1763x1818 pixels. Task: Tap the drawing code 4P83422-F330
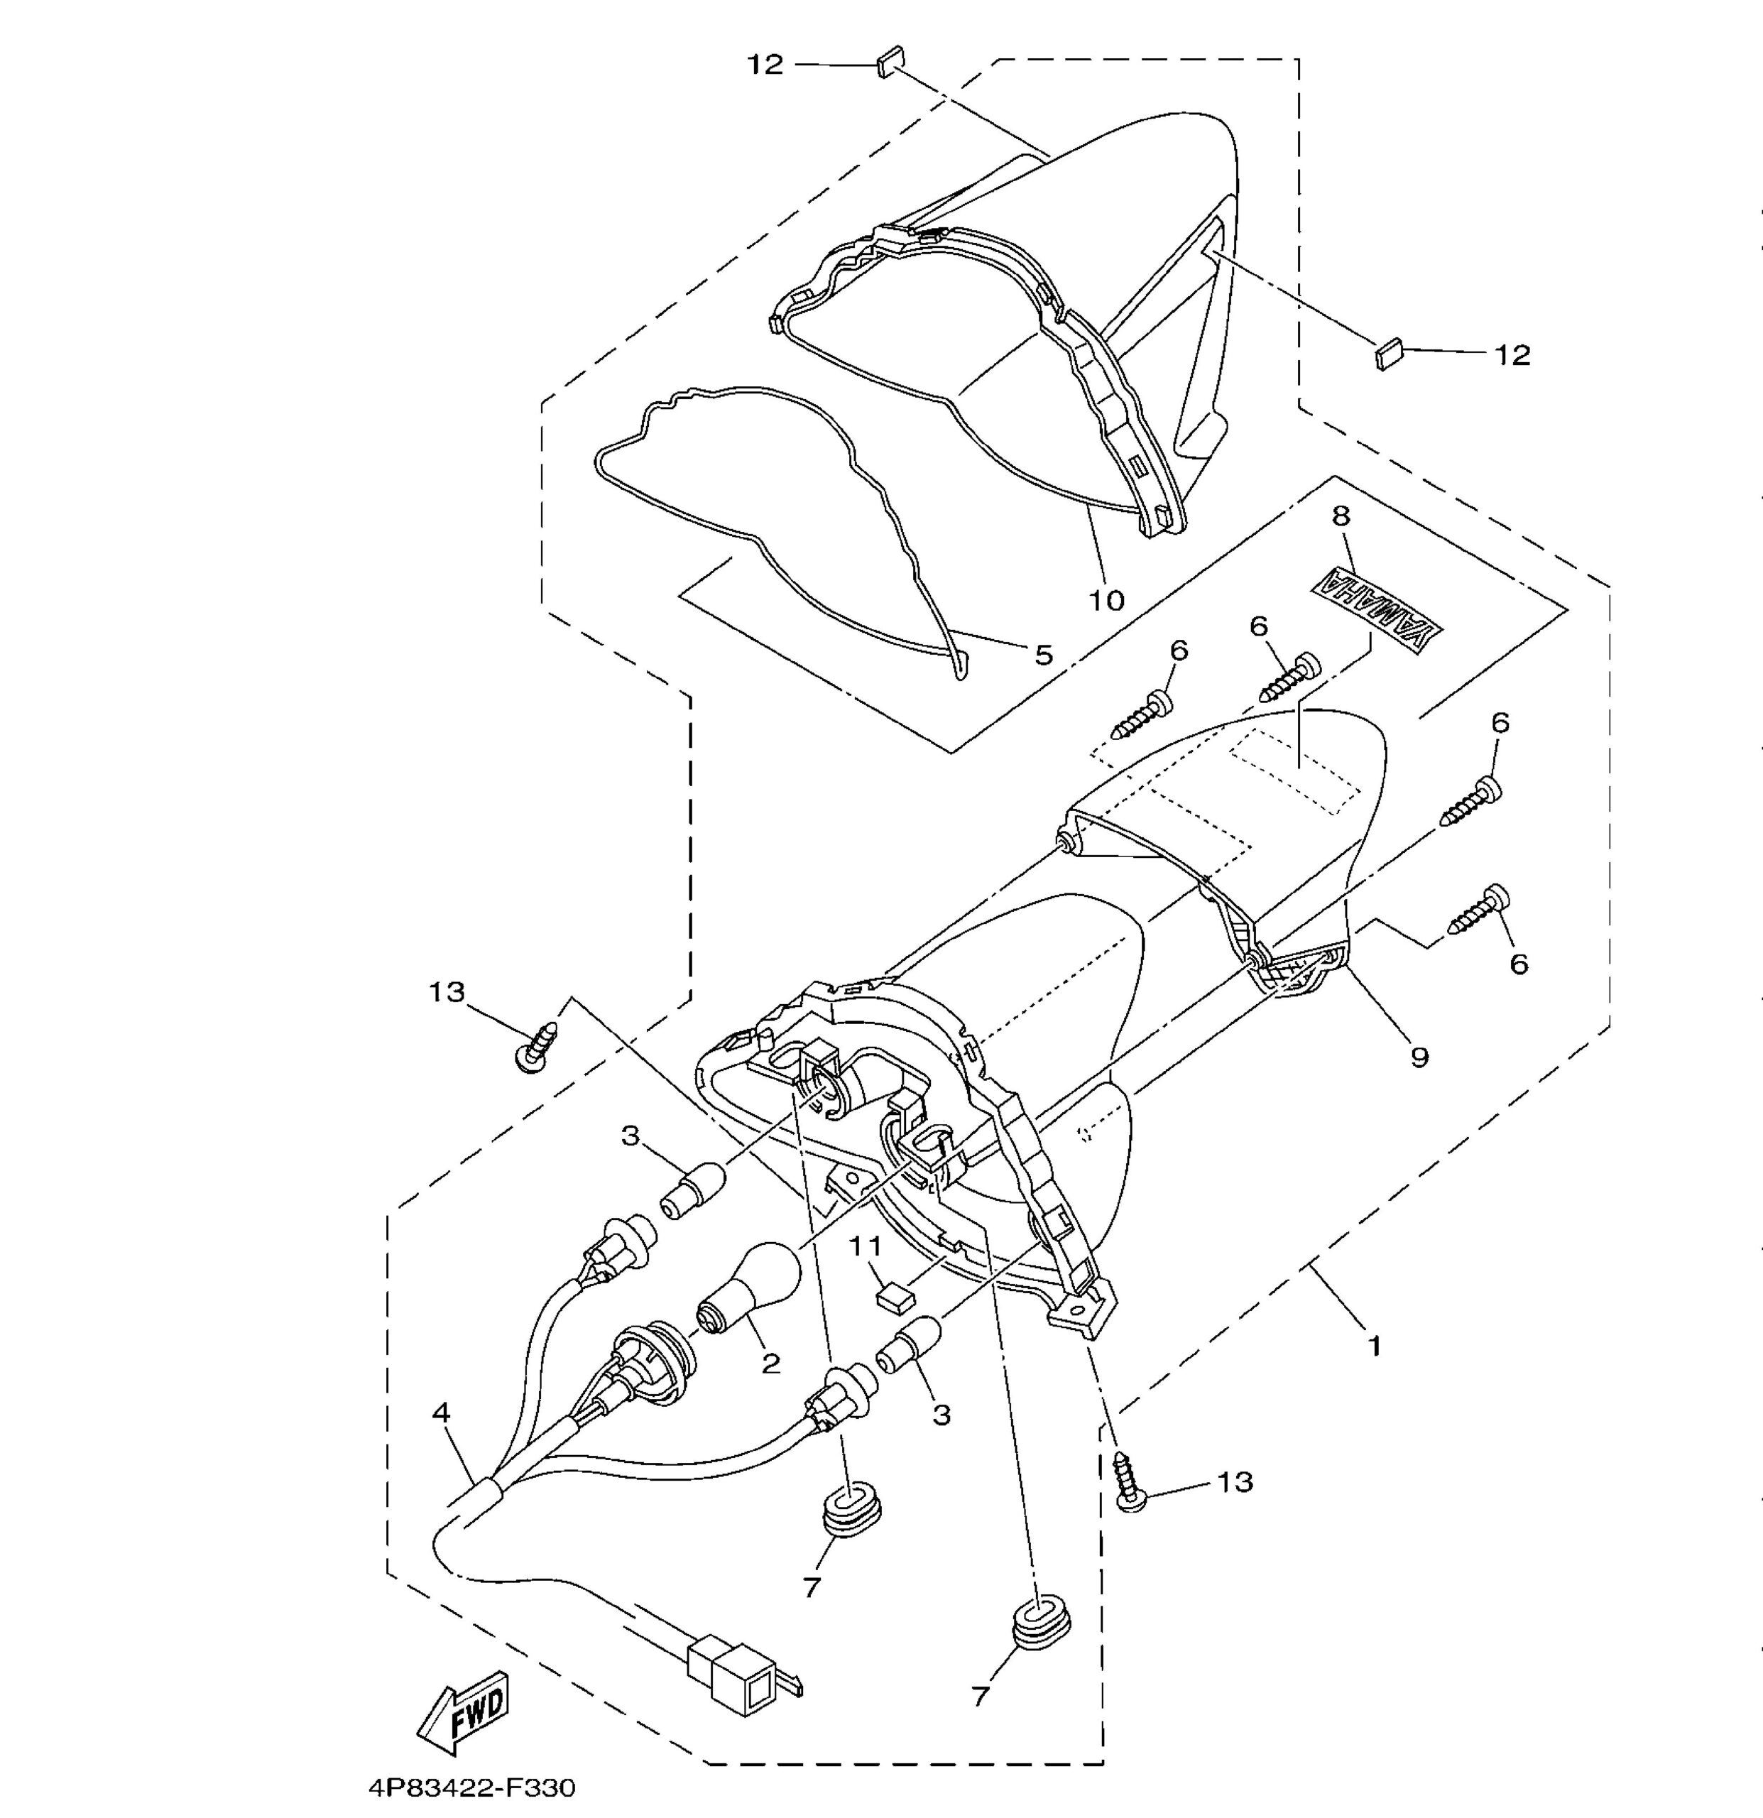tap(472, 1787)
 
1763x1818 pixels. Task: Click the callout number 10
tap(1106, 601)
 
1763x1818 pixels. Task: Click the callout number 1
tap(1375, 1345)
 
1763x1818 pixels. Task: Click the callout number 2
tap(770, 1363)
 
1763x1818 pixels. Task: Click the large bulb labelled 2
tap(748, 1291)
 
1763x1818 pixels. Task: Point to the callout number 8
tap(1342, 516)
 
